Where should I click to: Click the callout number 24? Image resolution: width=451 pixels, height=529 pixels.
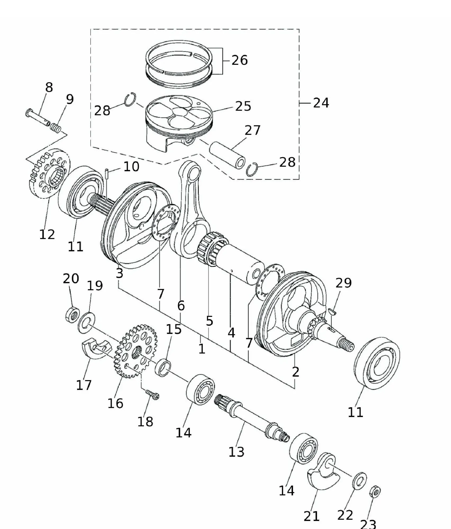[321, 103]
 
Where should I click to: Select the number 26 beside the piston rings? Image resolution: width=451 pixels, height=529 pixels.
[240, 60]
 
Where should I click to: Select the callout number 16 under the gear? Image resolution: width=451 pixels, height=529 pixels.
[115, 403]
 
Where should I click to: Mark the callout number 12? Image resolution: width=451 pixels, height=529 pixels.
[47, 234]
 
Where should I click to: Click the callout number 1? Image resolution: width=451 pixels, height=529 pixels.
[202, 349]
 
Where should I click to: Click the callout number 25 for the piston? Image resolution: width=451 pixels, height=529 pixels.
[243, 106]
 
